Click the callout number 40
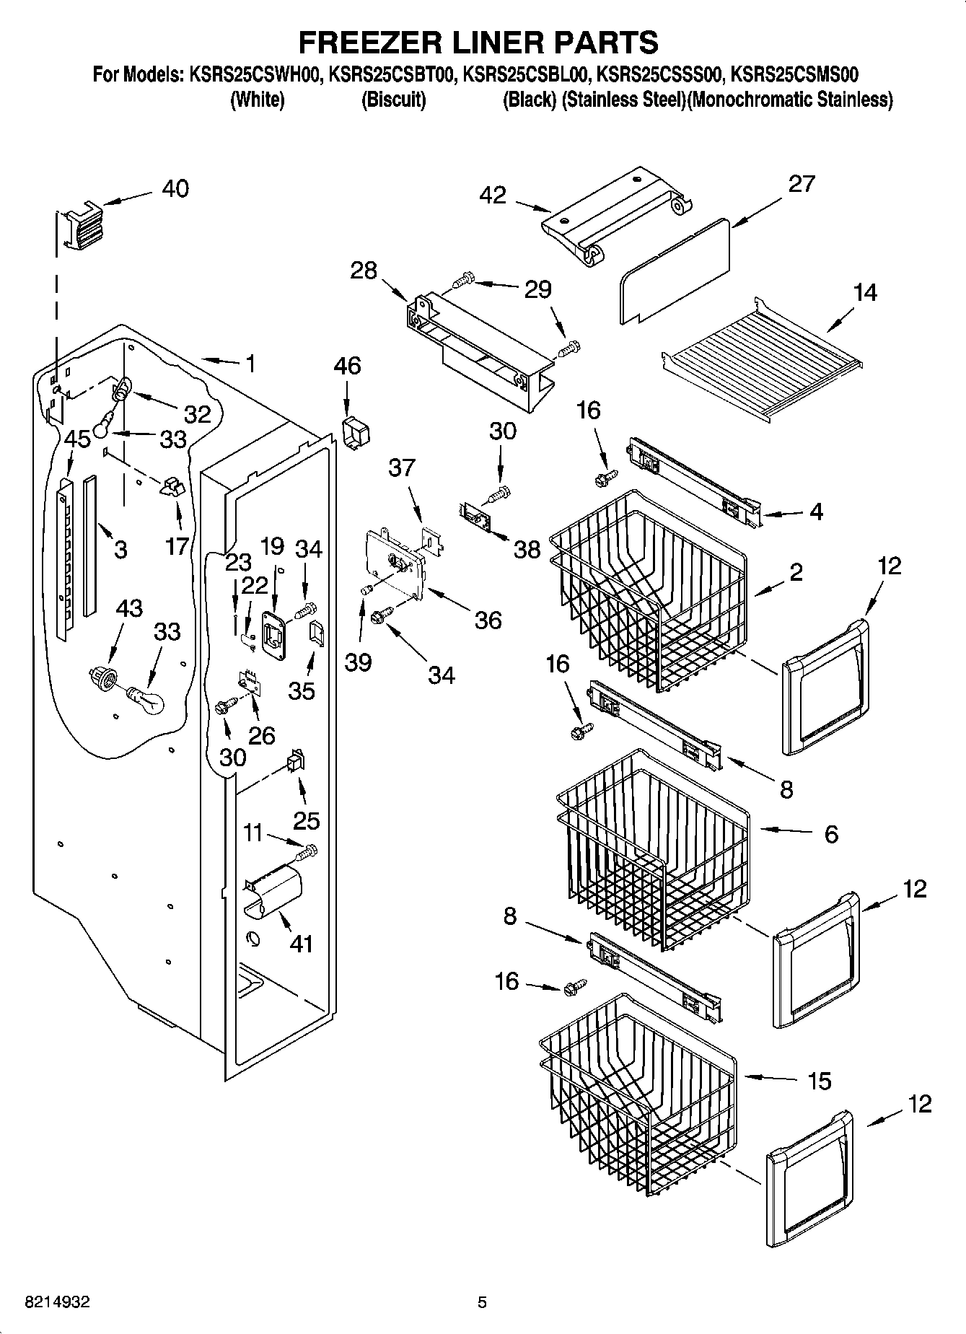[175, 189]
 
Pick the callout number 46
[347, 366]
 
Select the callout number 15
[819, 1081]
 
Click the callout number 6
[830, 834]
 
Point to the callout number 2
[796, 572]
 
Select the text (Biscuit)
[393, 100]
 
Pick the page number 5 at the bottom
[482, 1302]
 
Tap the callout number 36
[488, 620]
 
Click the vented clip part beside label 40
[82, 226]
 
